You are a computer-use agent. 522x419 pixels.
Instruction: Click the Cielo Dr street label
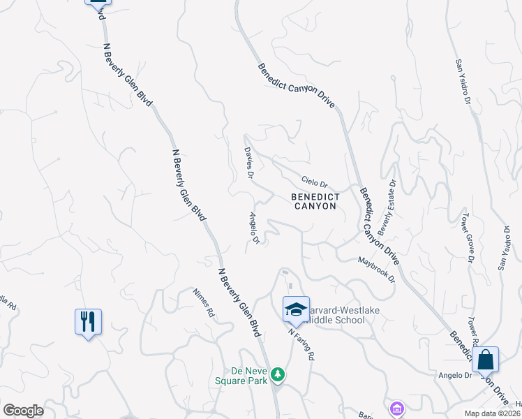315,182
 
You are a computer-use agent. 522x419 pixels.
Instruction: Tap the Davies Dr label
248,162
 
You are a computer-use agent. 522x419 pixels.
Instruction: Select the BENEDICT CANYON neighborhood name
315,202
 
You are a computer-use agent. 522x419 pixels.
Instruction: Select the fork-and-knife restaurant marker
88,322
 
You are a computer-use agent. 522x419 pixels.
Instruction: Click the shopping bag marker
485,360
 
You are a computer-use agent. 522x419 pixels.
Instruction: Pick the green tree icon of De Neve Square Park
278,375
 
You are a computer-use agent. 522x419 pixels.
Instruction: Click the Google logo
23,411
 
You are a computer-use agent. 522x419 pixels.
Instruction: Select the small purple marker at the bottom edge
397,408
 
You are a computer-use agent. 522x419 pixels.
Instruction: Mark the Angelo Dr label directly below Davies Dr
251,229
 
